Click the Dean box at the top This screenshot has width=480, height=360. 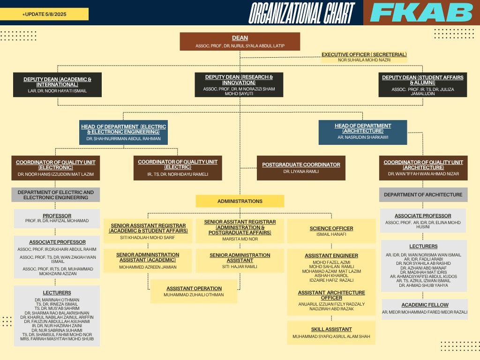click(x=240, y=41)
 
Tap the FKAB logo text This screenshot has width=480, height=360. click(x=421, y=13)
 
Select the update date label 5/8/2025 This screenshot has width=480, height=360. click(x=45, y=15)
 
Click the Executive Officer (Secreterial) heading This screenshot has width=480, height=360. click(x=364, y=54)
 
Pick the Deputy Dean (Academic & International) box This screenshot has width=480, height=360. click(x=57, y=85)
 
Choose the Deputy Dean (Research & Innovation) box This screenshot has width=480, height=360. click(x=239, y=85)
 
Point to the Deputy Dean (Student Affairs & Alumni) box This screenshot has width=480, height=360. click(x=422, y=85)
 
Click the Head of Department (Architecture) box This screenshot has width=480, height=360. click(x=362, y=132)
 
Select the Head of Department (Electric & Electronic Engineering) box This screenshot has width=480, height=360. click(x=123, y=133)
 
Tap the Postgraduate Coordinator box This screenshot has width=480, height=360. click(x=301, y=168)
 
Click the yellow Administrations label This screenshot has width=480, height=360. click(x=240, y=201)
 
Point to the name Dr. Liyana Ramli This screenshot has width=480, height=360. click(x=301, y=172)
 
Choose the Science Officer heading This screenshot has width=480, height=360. click(x=331, y=228)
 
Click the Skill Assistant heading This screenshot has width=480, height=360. click(x=331, y=330)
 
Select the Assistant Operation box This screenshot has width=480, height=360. click(x=194, y=292)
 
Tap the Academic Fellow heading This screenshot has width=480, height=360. click(x=425, y=305)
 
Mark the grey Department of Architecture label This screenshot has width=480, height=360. click(x=423, y=195)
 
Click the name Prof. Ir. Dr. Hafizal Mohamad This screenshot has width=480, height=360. click(x=57, y=221)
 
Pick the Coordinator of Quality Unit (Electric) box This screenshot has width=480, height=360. click(x=177, y=168)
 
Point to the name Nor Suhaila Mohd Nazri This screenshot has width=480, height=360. click(x=364, y=60)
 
